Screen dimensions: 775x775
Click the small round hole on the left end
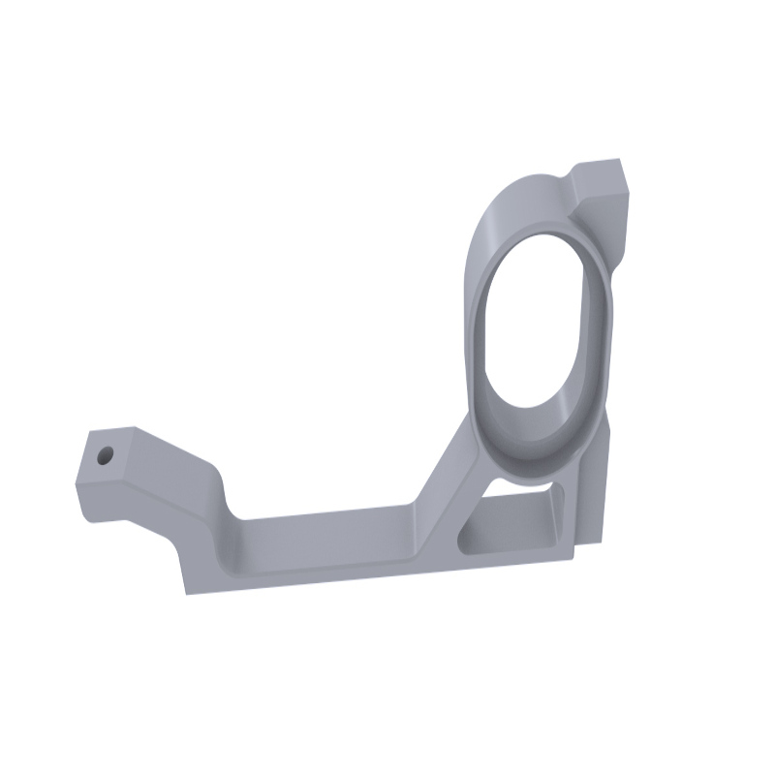pyautogui.click(x=106, y=452)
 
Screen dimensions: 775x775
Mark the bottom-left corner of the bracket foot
pyautogui.click(x=187, y=592)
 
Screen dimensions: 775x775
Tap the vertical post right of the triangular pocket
pyautogui.click(x=586, y=504)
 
